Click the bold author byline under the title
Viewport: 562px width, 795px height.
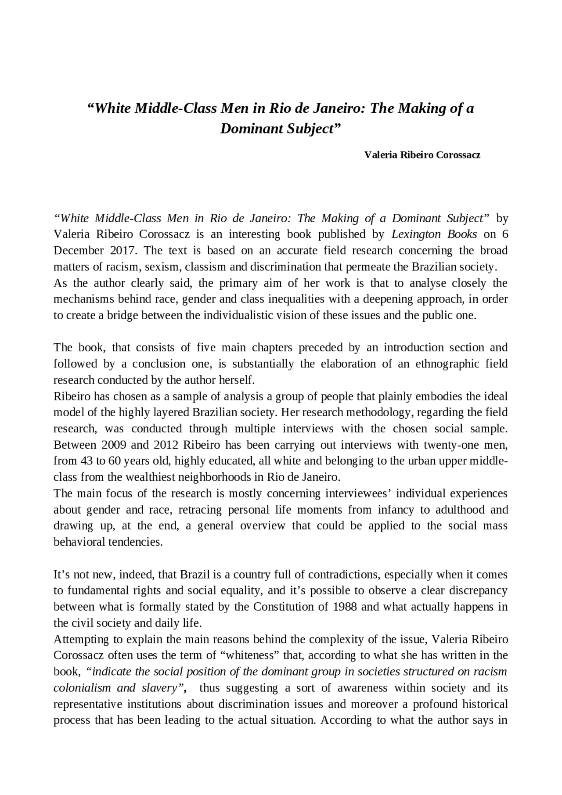[x=422, y=155]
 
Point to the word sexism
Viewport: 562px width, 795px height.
[x=163, y=266]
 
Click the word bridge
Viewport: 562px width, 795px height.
[x=122, y=315]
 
